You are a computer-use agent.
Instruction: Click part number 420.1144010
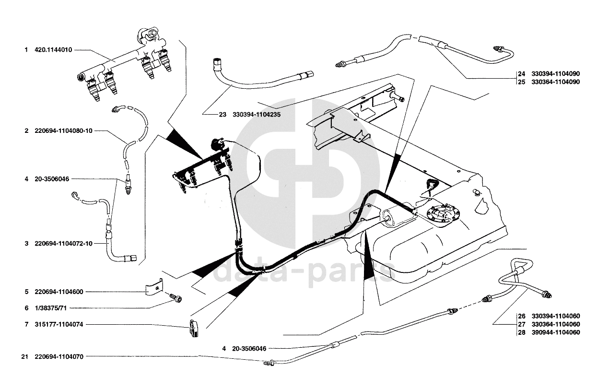[x=53, y=49]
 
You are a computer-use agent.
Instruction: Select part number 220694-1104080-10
[x=63, y=131]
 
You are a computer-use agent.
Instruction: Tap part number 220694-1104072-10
[x=63, y=244]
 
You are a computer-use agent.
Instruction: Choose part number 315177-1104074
[x=59, y=325]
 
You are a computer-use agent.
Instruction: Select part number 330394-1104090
[x=555, y=74]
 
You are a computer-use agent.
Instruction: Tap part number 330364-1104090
[x=555, y=82]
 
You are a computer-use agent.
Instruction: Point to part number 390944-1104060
[x=555, y=332]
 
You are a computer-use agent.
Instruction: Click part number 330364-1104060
[x=555, y=324]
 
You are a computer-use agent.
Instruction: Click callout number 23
[x=223, y=115]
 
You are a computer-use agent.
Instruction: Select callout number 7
[x=27, y=325]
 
